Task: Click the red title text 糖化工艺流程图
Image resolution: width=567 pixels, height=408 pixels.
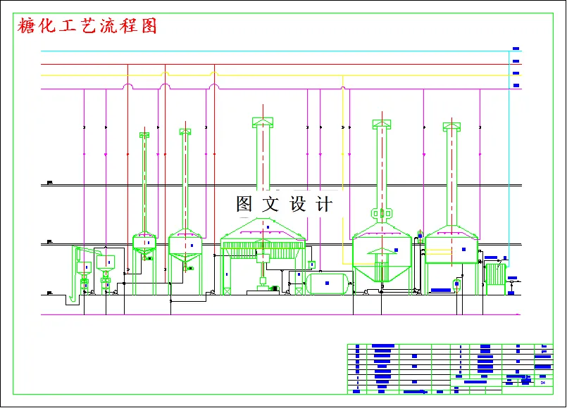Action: pos(87,27)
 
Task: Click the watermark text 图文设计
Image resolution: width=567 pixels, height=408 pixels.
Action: pos(284,205)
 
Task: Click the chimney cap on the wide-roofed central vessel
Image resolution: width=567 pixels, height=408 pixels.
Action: pos(262,122)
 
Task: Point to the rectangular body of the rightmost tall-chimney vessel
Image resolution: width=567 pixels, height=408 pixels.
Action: pos(451,250)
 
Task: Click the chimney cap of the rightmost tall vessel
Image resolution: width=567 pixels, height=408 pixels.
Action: pos(451,127)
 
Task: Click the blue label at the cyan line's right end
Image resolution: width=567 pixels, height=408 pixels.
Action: pos(516,49)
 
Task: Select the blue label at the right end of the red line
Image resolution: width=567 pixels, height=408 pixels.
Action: pos(516,61)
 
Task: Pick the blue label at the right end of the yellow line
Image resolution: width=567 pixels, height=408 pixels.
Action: pos(516,73)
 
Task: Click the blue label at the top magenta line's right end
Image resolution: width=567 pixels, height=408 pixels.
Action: pos(516,86)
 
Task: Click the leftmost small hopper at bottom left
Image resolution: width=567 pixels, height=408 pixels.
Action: pos(84,267)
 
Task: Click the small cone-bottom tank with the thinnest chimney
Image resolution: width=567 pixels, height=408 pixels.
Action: pos(144,243)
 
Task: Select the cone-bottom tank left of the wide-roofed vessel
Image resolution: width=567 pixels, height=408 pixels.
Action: pos(185,246)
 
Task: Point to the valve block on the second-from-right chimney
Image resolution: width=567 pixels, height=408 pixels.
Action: pos(381,213)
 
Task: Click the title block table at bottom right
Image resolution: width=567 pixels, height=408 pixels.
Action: pos(450,368)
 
